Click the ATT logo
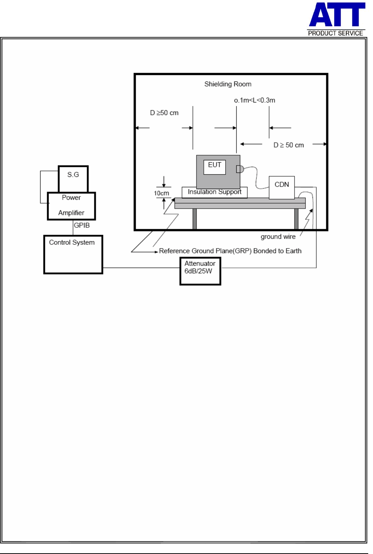(337, 15)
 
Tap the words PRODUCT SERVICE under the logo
(335, 33)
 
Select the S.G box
(73, 179)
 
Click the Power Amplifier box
(71, 206)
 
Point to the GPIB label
(81, 225)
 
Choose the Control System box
(73, 254)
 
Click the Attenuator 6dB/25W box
(200, 271)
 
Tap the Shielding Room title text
(228, 84)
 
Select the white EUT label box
(215, 167)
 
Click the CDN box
(282, 187)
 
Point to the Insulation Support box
(215, 192)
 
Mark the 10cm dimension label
(161, 193)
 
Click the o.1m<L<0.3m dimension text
(254, 100)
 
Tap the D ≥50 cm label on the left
(164, 113)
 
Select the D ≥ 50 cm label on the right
(289, 145)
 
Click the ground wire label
(278, 237)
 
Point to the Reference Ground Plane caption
(230, 251)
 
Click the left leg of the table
(195, 219)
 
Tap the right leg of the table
(296, 219)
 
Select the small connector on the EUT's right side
(240, 169)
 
